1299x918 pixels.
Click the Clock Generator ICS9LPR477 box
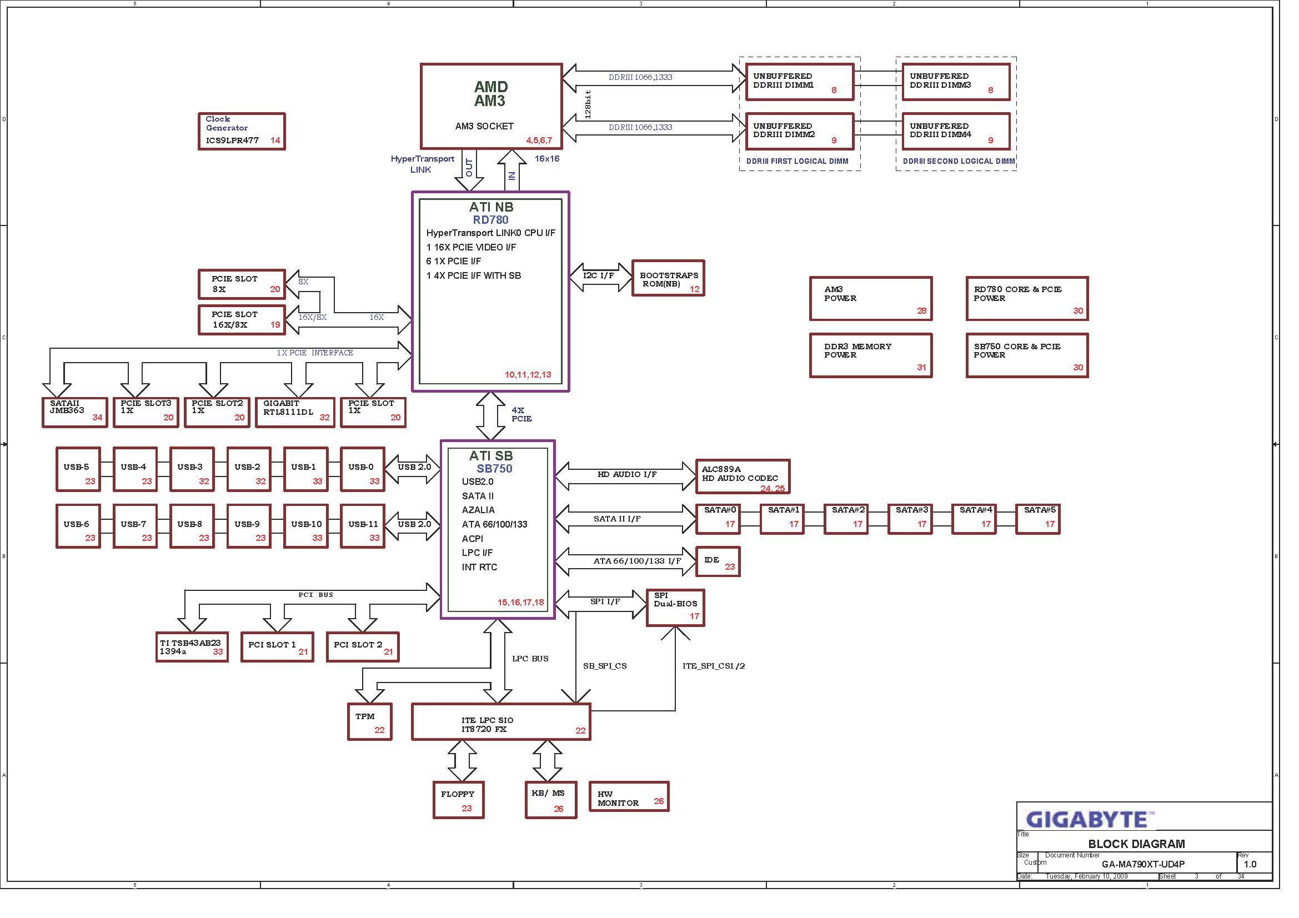point(242,131)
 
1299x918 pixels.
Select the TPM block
point(370,722)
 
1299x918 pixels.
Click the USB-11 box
point(363,526)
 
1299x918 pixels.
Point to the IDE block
point(718,561)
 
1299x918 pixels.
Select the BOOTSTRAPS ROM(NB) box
point(668,278)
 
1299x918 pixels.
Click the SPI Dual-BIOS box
point(675,608)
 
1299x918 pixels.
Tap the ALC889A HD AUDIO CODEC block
point(743,476)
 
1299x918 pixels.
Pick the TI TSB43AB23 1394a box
point(192,647)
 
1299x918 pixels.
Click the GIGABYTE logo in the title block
point(1090,819)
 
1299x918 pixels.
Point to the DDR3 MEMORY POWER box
point(871,355)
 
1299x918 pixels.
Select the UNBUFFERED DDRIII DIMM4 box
point(956,131)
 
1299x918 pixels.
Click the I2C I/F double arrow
point(600,277)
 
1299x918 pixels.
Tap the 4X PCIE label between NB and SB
point(521,415)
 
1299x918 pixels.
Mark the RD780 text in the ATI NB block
point(490,220)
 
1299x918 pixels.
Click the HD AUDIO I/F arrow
point(626,476)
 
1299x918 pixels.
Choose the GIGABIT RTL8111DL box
point(295,412)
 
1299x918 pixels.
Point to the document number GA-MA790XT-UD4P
point(1143,865)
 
